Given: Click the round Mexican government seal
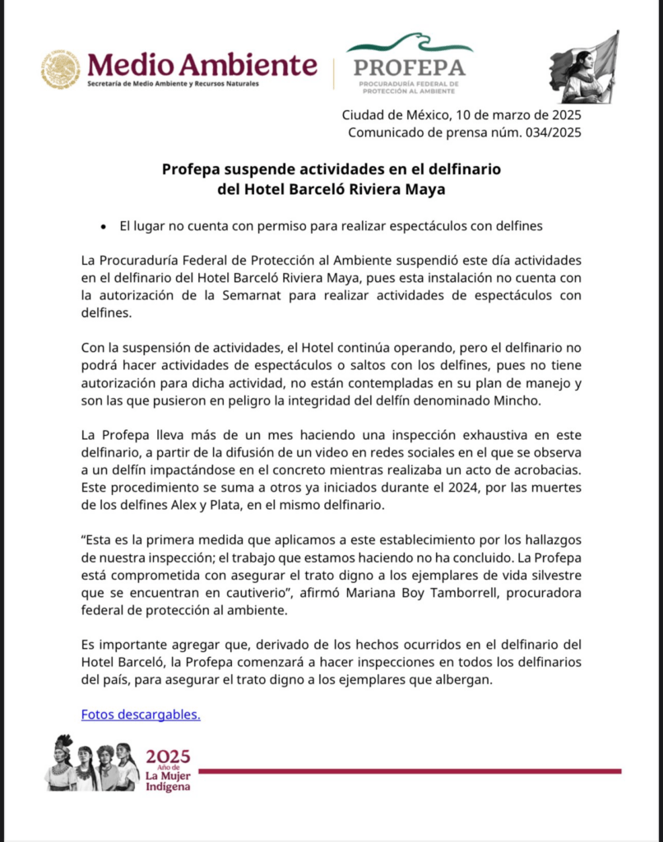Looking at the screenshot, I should [60, 69].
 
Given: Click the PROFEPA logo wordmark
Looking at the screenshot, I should [409, 67].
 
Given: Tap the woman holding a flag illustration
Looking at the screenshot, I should [585, 67].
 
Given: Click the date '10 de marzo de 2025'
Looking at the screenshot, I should [517, 115].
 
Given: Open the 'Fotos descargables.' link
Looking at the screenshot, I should [141, 715].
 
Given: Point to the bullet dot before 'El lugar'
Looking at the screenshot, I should [104, 226].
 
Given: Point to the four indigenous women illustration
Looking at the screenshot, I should [91, 763].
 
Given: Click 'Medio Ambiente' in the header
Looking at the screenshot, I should [202, 65].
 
